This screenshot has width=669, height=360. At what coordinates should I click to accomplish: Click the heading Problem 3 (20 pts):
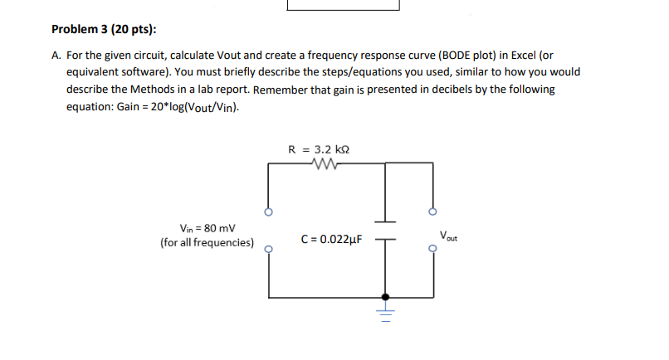tap(104, 30)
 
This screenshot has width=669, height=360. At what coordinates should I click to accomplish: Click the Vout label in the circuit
tap(448, 235)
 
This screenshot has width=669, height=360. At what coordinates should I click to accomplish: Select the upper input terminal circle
tap(267, 212)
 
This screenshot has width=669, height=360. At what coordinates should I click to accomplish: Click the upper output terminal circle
tap(432, 210)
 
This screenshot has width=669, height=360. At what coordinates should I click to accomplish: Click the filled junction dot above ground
tap(385, 295)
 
